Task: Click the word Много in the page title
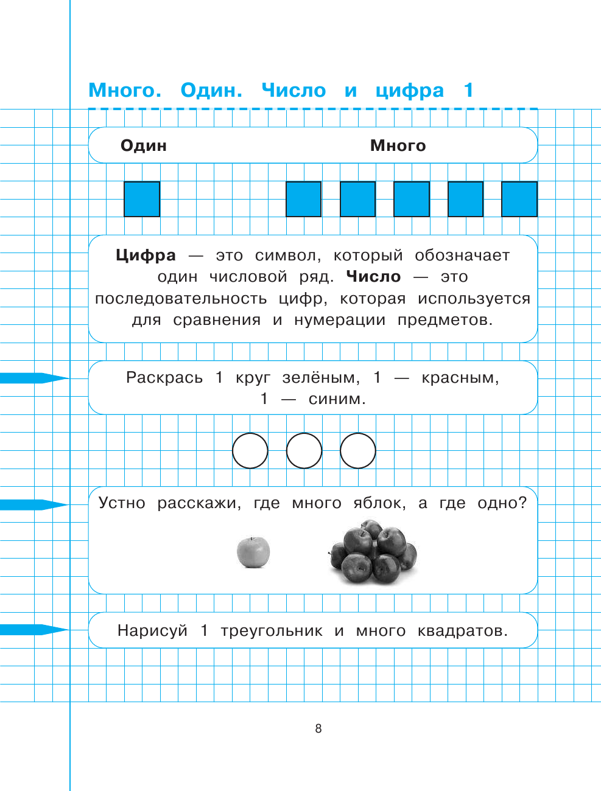(x=125, y=90)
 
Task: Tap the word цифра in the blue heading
(x=409, y=91)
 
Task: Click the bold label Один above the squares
(x=144, y=145)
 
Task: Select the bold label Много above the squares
(x=398, y=145)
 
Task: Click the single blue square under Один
(x=142, y=199)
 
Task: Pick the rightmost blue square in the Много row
(x=519, y=199)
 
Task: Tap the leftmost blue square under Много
(x=304, y=199)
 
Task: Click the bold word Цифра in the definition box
(x=146, y=256)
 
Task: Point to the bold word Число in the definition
(x=373, y=277)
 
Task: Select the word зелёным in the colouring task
(x=321, y=378)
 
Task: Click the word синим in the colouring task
(x=337, y=399)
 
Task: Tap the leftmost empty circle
(x=250, y=451)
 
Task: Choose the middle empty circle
(x=304, y=451)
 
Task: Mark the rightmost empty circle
(x=358, y=451)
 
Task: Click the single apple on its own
(x=253, y=552)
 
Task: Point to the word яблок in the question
(x=379, y=503)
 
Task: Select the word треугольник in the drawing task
(x=272, y=631)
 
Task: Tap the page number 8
(x=318, y=728)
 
